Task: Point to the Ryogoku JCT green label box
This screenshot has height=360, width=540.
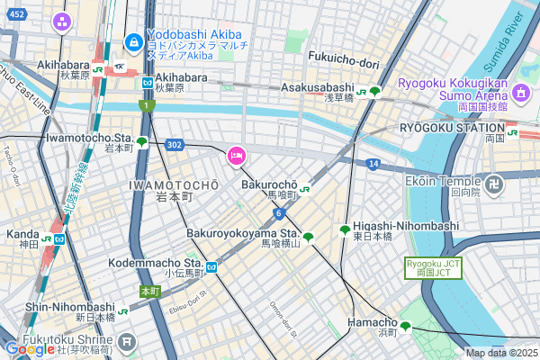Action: tap(433, 267)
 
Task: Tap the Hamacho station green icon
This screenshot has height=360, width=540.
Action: tap(406, 327)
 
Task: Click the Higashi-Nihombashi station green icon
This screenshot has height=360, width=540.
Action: tap(345, 230)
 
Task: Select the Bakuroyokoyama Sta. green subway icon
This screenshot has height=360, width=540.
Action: tap(309, 238)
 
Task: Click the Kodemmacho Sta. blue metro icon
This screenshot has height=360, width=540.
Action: tap(211, 267)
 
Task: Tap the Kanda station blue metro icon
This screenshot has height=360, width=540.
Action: tap(58, 239)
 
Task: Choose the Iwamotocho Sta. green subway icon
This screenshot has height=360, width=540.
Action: tap(142, 141)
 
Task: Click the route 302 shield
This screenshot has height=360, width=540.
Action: tap(174, 144)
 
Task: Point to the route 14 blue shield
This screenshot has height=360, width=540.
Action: tap(373, 164)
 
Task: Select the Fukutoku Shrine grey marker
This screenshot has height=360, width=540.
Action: tap(127, 342)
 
